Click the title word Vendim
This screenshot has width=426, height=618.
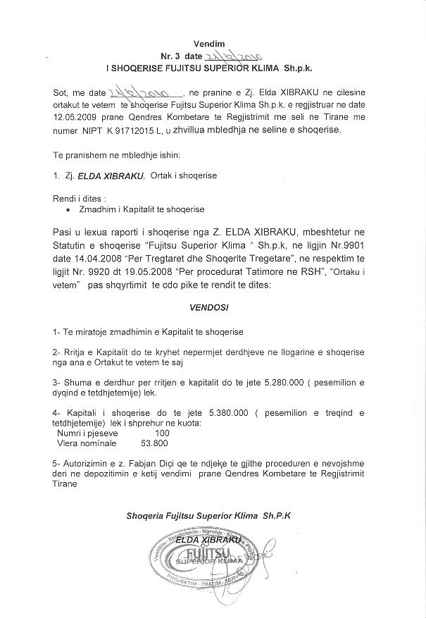point(213,44)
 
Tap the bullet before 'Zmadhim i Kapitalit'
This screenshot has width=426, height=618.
point(68,209)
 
